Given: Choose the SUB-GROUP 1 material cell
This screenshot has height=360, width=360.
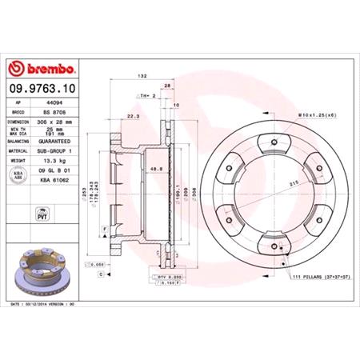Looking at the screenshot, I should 62,149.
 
